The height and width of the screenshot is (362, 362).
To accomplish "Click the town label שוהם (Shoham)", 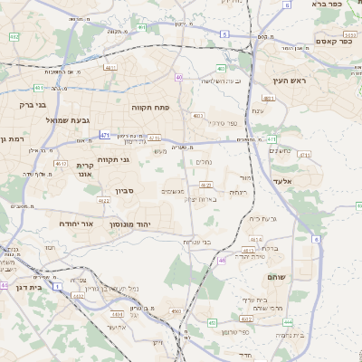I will tap(276, 276).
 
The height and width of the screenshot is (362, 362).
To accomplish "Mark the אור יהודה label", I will tap(75, 223).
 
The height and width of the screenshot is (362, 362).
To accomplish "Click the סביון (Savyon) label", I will tap(125, 192).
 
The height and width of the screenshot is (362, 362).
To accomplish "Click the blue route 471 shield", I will tap(106, 135).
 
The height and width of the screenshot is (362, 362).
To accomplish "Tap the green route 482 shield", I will tap(14, 36).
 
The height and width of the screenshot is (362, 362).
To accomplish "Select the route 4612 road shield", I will tap(61, 164).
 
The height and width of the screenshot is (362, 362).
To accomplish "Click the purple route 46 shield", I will tap(222, 261).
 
